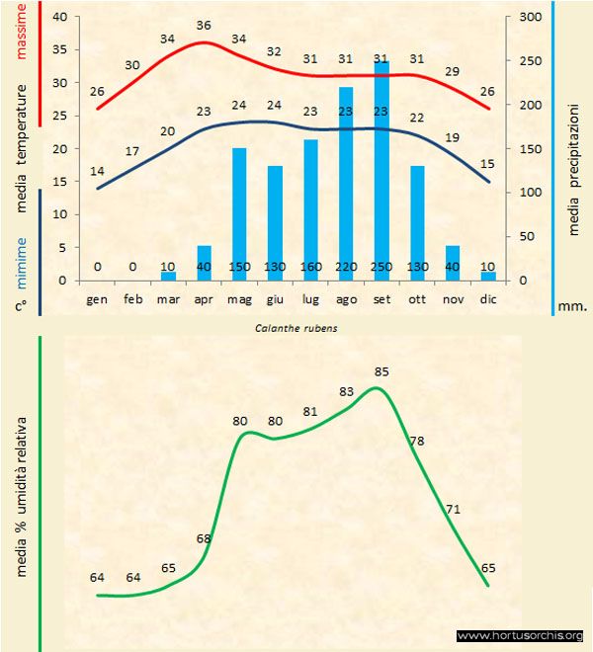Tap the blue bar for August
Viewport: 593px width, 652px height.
click(x=346, y=188)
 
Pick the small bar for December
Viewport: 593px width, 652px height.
click(x=488, y=276)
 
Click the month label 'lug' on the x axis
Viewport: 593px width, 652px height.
click(x=310, y=297)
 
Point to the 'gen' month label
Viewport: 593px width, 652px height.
click(x=97, y=297)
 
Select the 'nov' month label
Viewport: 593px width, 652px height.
click(x=453, y=297)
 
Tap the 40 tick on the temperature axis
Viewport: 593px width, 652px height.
click(x=59, y=17)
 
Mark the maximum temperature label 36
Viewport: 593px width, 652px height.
click(x=204, y=25)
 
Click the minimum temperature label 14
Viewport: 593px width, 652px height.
click(x=97, y=171)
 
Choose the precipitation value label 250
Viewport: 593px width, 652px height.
click(x=381, y=267)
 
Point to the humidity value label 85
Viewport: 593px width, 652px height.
click(x=382, y=371)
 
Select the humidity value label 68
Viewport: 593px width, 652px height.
click(x=204, y=538)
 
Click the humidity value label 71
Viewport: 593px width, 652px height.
click(x=454, y=510)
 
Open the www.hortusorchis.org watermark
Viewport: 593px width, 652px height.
click(x=521, y=635)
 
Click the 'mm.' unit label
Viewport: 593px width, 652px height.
click(x=572, y=306)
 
